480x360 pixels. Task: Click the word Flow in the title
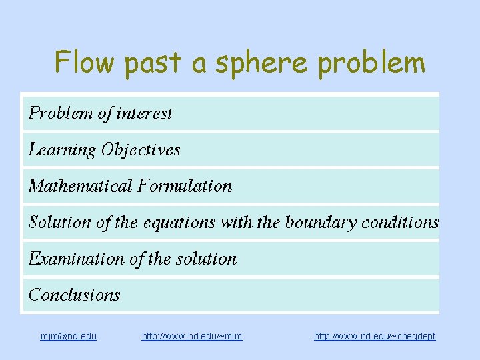click(x=85, y=63)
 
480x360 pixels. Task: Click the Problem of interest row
click(x=100, y=113)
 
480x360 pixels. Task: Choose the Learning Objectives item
click(x=104, y=149)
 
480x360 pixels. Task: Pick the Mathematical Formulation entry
click(x=130, y=185)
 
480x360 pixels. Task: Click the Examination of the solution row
click(x=133, y=258)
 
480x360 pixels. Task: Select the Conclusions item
click(x=75, y=294)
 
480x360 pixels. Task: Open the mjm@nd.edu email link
click(x=69, y=336)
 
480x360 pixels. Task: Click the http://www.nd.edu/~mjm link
click(x=192, y=336)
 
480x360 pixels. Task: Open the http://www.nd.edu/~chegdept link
click(x=375, y=336)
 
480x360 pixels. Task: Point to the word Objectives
click(x=141, y=149)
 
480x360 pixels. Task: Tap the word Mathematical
click(x=81, y=185)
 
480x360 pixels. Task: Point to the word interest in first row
click(x=145, y=113)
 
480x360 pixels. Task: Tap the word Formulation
click(x=185, y=185)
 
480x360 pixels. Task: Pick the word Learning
click(x=63, y=149)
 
